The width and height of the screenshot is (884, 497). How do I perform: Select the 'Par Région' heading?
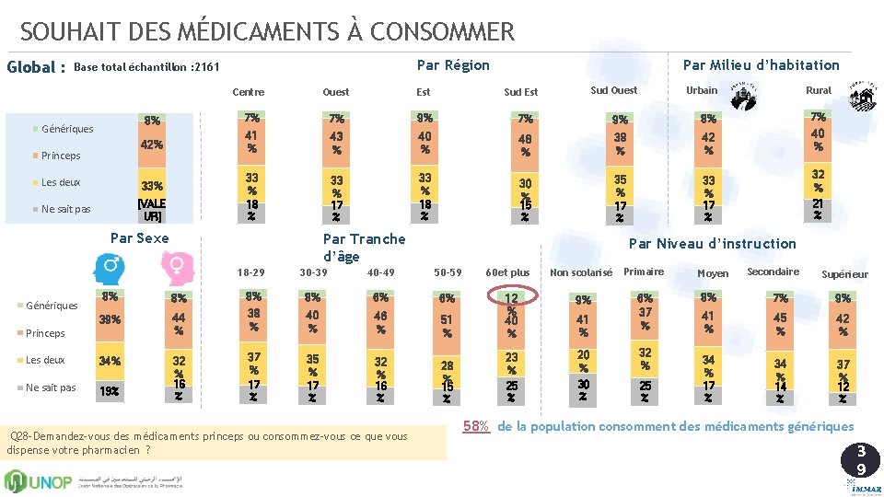453,64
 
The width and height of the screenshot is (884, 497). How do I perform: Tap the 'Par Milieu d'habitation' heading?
761,64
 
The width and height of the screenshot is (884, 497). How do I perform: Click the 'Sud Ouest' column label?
613,90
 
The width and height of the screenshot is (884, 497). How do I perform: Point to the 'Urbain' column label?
702,90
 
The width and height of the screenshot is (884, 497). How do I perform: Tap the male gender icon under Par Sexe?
109,267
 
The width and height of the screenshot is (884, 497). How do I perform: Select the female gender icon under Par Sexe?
176,267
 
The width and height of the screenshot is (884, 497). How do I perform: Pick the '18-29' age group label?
250,272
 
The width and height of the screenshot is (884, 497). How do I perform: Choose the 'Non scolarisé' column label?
581,272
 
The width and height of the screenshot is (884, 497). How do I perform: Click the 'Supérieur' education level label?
844,274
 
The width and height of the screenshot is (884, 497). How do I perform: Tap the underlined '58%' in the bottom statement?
476,426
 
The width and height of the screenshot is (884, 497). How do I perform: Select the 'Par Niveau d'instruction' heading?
712,243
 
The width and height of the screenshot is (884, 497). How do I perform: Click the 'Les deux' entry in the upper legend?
60,182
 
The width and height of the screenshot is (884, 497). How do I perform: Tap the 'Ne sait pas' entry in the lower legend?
51,387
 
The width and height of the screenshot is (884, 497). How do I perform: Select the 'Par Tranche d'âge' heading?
364,248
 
